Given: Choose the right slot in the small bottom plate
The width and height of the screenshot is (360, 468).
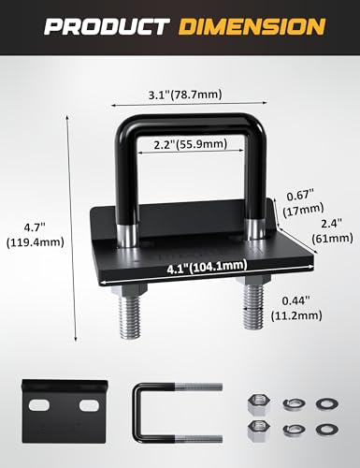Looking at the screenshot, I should (88, 404).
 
